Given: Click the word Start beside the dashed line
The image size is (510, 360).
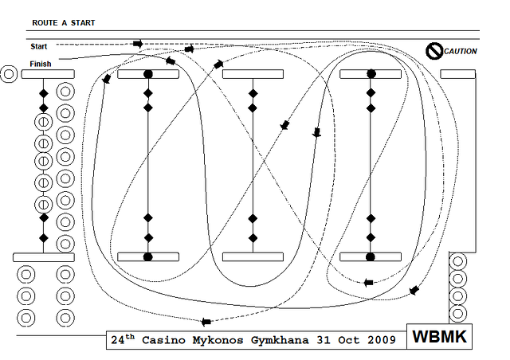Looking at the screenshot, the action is coord(39,46).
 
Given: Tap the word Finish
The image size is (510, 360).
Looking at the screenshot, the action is coord(41,64).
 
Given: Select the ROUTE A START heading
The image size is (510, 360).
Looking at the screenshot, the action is coord(64,23).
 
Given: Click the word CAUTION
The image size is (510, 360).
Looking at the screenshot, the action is coord(461,52).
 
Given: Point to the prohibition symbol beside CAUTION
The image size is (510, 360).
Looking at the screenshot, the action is coord(433,51).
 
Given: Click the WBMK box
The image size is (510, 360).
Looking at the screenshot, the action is coord(439,336).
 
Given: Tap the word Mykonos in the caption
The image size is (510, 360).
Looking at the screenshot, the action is coord(218,340).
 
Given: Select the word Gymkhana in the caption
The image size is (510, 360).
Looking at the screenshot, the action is coord(280,340).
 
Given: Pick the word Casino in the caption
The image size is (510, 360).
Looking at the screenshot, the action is coord(163,340).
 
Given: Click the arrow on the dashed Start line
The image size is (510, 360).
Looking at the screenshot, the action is coord(138,44).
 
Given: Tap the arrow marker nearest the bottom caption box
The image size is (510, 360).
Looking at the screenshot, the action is coord(206,322).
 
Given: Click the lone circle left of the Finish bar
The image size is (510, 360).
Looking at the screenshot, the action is coord(9,74).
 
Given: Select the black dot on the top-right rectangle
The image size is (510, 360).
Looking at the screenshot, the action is coord(371,74).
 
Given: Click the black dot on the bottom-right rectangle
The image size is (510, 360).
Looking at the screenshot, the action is coord(371,257).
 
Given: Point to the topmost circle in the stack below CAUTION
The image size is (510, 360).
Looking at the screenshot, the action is coord(458,261).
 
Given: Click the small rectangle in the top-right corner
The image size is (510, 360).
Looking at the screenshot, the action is coord(458,74).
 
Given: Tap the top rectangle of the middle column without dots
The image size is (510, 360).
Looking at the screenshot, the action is coord(253,74).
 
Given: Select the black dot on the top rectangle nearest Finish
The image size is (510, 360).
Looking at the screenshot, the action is coord(148,74).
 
